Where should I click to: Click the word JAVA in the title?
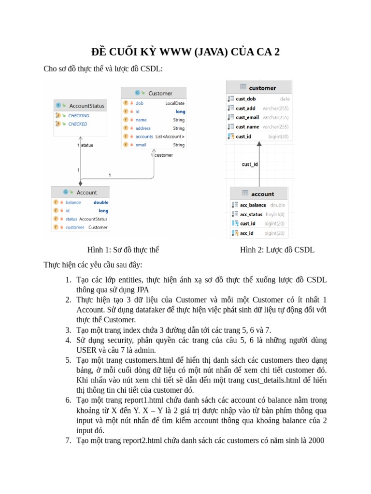click(x=211, y=52)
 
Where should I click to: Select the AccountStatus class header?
click(x=86, y=106)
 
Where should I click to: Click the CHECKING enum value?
click(x=78, y=116)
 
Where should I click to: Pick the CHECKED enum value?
click(x=77, y=124)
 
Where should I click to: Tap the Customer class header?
click(x=159, y=93)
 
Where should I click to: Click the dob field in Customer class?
click(x=140, y=103)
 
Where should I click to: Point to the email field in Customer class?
click(x=141, y=145)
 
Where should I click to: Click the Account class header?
click(x=86, y=192)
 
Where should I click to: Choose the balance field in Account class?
click(x=73, y=203)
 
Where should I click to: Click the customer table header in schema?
click(x=262, y=88)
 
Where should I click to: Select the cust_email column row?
click(x=247, y=117)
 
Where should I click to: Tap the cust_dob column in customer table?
click(x=245, y=99)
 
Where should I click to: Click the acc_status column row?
click(x=251, y=214)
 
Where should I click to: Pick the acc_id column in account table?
click(x=246, y=233)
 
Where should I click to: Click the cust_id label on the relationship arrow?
click(x=250, y=165)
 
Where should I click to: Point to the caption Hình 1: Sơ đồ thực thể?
click(x=123, y=250)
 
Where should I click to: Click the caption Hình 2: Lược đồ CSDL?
click(x=277, y=250)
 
